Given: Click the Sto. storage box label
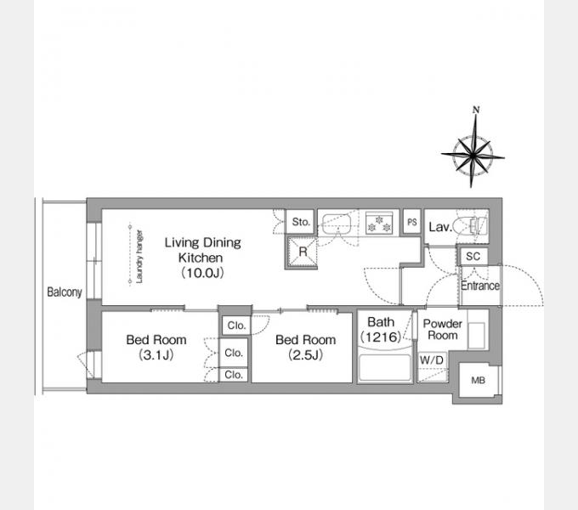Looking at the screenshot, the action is (x=300, y=222).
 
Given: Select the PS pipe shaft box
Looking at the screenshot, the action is (x=411, y=222).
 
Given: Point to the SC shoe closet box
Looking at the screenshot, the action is (x=473, y=256).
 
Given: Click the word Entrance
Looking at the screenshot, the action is (x=480, y=286).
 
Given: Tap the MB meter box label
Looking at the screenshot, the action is (x=478, y=380).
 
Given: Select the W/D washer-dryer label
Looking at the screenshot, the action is (x=431, y=360).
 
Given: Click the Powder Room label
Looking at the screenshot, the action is (x=442, y=330).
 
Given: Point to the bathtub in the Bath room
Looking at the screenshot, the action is (x=385, y=367).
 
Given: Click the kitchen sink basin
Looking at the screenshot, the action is (x=337, y=224).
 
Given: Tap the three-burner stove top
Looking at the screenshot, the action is (x=379, y=223).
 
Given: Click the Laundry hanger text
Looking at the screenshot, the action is (x=139, y=257).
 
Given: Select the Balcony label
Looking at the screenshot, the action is (x=64, y=292).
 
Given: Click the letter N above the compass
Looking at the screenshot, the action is (x=476, y=110).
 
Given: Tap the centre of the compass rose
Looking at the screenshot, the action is (x=473, y=156).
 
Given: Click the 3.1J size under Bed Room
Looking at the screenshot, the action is (x=156, y=354).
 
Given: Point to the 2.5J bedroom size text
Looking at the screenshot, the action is (x=306, y=354).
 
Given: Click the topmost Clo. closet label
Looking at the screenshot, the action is (x=236, y=326).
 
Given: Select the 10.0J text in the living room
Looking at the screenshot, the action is (x=202, y=273).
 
